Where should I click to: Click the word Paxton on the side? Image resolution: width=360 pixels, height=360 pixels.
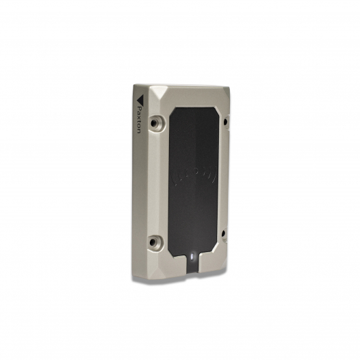click(x=139, y=119)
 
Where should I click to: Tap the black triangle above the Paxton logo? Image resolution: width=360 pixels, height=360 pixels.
click(x=139, y=99)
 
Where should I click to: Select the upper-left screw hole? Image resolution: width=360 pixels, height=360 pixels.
click(x=157, y=122)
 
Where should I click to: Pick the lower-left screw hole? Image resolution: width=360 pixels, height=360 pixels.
click(x=157, y=242)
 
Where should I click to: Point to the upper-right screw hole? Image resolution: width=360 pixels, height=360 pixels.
click(x=227, y=122)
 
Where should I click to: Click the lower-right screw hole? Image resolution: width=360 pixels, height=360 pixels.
click(x=226, y=233)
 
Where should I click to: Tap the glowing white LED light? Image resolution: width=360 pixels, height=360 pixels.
click(x=192, y=255)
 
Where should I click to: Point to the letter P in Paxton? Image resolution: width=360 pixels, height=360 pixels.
click(x=139, y=107)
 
